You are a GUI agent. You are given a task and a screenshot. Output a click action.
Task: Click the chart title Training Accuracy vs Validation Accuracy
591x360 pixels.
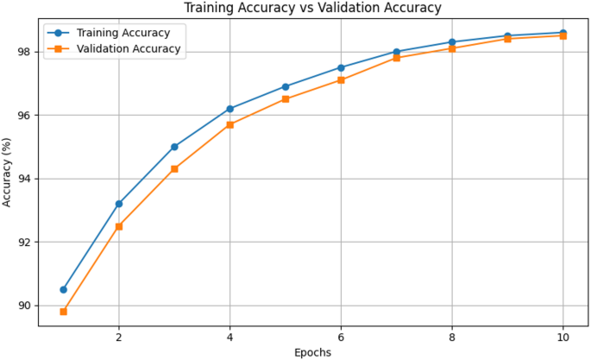click(313, 8)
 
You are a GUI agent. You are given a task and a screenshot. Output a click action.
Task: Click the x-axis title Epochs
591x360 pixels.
click(313, 351)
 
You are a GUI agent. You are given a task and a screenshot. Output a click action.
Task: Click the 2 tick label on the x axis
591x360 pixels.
click(119, 338)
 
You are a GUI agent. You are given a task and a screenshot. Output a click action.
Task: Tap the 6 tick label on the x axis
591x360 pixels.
click(342, 338)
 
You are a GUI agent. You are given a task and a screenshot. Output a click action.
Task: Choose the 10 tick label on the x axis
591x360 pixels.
click(563, 338)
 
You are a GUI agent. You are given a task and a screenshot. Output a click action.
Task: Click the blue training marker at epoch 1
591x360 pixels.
click(63, 289)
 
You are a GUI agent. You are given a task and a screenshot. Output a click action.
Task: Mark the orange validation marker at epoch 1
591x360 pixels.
click(63, 312)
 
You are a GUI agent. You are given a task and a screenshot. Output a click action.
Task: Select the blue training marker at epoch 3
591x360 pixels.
click(174, 147)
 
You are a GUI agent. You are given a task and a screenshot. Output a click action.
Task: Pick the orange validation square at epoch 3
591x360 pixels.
click(174, 169)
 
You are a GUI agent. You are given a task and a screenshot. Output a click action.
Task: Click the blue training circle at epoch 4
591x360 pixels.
click(230, 109)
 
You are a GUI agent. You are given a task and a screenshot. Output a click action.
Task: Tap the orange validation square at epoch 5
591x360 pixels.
click(286, 99)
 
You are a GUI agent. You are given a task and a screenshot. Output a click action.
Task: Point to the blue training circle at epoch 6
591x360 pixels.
click(342, 67)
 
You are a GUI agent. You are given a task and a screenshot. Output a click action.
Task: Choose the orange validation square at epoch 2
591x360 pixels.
click(119, 226)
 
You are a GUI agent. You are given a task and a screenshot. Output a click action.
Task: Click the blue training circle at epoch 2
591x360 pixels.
click(119, 204)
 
